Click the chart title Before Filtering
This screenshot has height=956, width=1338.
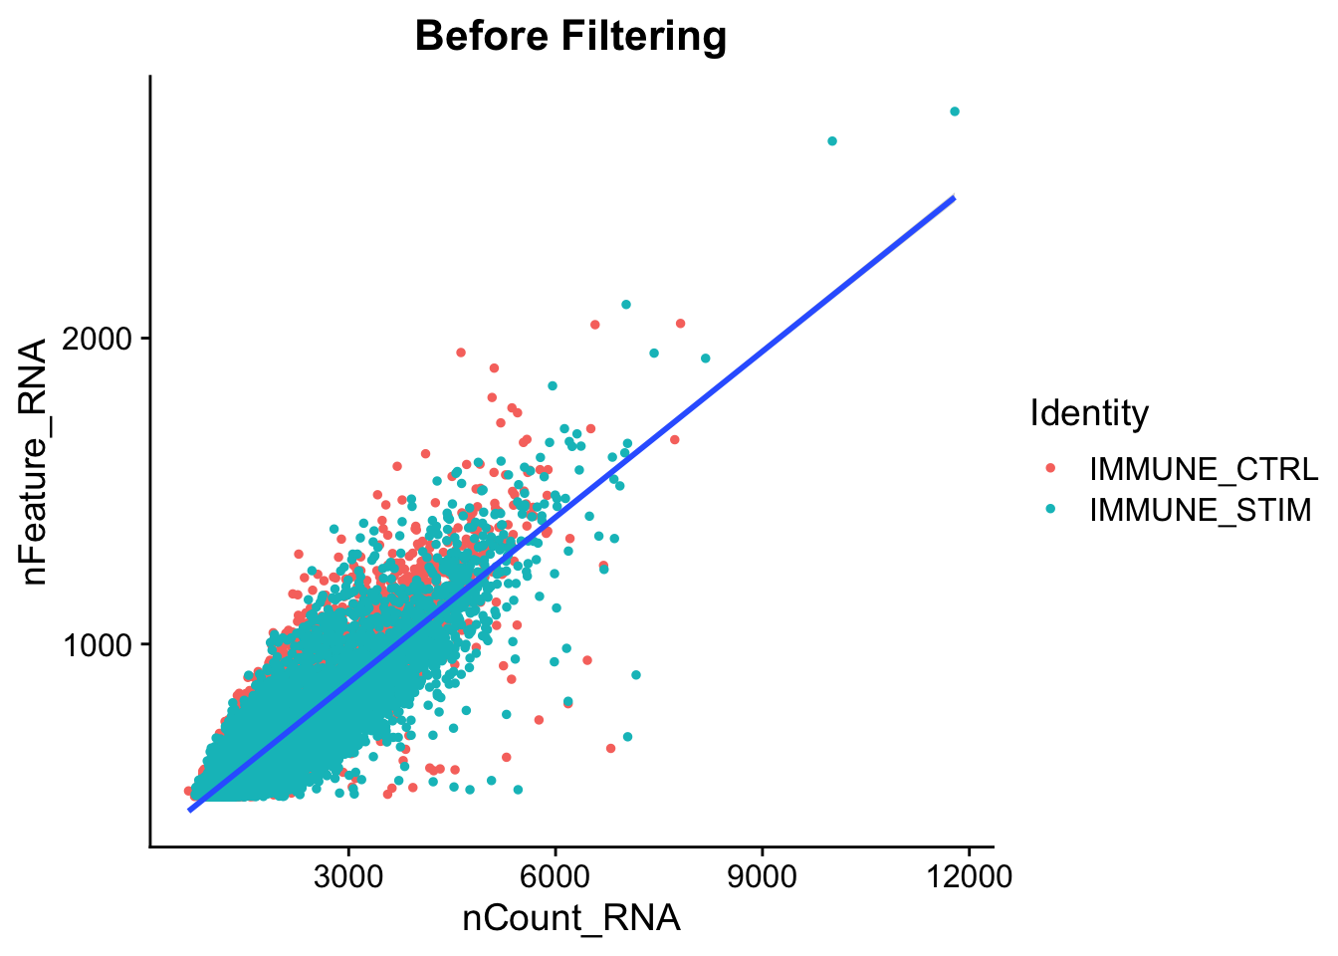coord(570,37)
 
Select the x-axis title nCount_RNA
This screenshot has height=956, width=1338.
coord(570,917)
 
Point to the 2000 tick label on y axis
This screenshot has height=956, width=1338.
coord(97,339)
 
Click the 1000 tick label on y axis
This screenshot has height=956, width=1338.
coord(97,644)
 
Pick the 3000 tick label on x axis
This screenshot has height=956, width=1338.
coord(347,877)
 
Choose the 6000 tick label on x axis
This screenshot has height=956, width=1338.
coord(555,877)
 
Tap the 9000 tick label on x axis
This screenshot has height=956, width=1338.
coord(762,877)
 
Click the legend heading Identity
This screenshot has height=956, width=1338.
coord(1089,412)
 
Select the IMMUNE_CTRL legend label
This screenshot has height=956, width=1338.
coord(1203,468)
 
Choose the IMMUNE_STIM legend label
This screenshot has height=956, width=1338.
coord(1201,510)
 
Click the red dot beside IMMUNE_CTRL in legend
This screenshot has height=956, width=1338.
coord(1049,468)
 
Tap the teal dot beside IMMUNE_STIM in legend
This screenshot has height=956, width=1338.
coord(1049,510)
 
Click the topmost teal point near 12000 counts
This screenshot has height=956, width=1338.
coord(954,112)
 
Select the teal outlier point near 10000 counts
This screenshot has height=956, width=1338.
coord(832,141)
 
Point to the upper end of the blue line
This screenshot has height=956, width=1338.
coord(953,198)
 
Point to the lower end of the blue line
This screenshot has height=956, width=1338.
coord(190,810)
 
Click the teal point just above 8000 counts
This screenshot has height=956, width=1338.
coord(705,358)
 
